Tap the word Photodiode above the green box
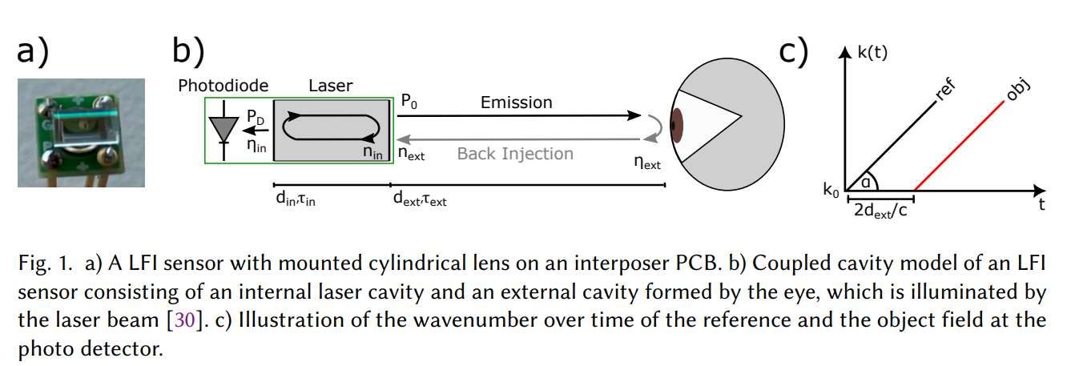click(223, 85)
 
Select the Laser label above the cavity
click(332, 85)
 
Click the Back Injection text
click(515, 153)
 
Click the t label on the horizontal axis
click(1041, 205)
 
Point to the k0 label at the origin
click(831, 190)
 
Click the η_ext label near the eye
click(646, 165)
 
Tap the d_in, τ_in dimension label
click(294, 199)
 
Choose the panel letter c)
click(793, 52)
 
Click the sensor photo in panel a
click(82, 132)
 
